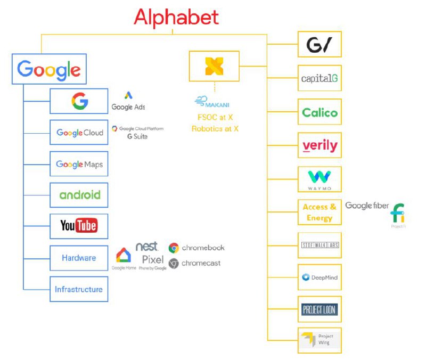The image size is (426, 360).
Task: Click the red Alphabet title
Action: (x=176, y=17)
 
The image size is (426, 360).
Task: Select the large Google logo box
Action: (x=49, y=69)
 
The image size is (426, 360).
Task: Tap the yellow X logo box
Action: (x=214, y=66)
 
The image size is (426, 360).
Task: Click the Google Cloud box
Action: (x=79, y=133)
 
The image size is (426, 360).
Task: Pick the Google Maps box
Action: (x=79, y=165)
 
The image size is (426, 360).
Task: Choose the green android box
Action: (x=79, y=195)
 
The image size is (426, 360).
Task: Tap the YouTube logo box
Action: (x=79, y=226)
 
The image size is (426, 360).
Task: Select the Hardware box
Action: (x=79, y=258)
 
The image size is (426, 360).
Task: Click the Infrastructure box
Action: (x=79, y=290)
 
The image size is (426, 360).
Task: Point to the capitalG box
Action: (x=319, y=79)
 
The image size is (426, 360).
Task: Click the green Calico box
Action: (x=319, y=112)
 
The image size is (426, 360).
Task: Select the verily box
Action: (x=319, y=145)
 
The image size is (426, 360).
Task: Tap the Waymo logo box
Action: (x=319, y=179)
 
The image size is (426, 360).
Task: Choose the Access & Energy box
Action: (x=319, y=212)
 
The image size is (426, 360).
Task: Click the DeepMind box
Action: (x=319, y=277)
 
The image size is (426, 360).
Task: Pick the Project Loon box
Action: (x=319, y=309)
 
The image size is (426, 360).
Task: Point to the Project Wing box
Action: (x=319, y=340)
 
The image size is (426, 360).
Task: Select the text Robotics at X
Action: (x=215, y=128)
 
